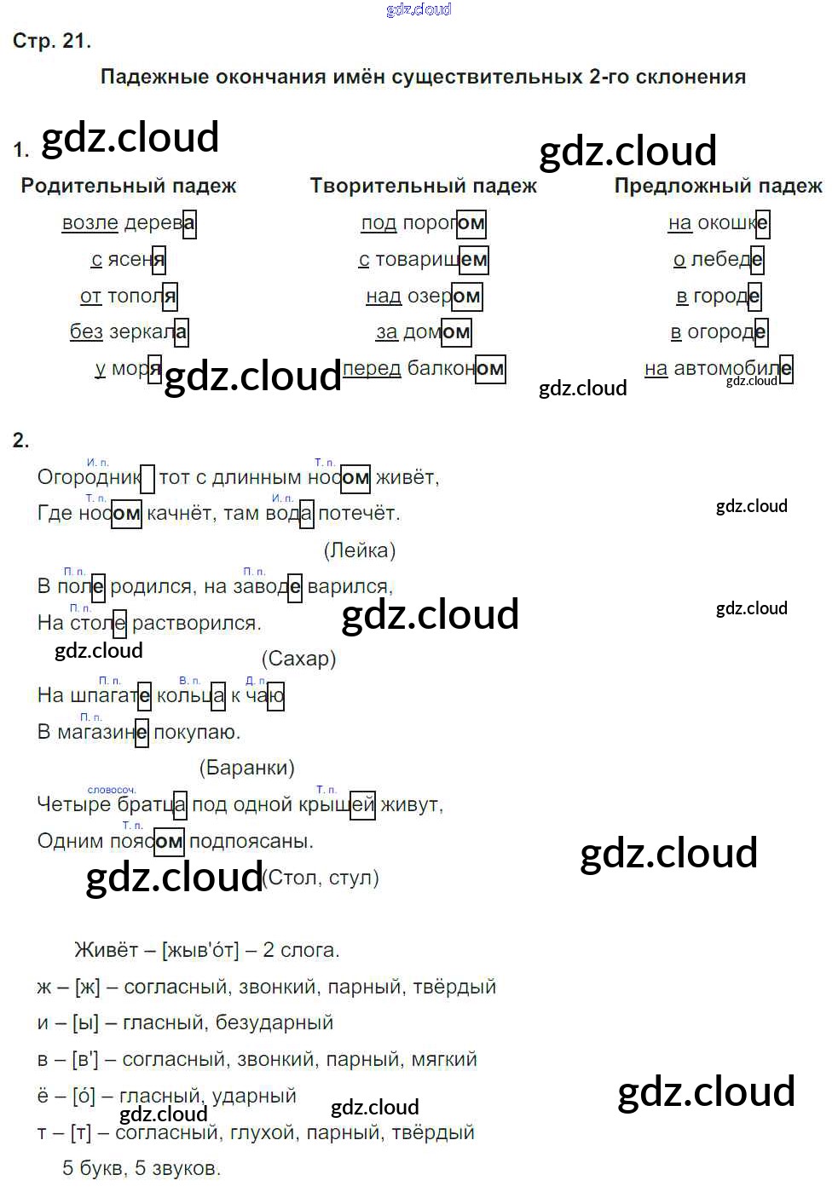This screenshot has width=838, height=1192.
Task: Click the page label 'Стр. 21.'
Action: pyautogui.click(x=51, y=41)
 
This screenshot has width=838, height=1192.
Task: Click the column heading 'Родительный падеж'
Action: pyautogui.click(x=129, y=186)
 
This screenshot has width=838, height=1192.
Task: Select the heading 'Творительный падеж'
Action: pyautogui.click(x=423, y=186)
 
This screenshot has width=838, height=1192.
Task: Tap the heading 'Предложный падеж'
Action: pyautogui.click(x=718, y=186)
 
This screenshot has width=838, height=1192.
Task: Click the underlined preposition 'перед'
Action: pyautogui.click(x=372, y=369)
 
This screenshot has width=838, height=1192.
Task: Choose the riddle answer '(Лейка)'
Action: pyautogui.click(x=360, y=550)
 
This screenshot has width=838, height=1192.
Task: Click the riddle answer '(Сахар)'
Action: pyautogui.click(x=298, y=659)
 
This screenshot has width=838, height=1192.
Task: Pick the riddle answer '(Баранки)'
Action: pyautogui.click(x=246, y=768)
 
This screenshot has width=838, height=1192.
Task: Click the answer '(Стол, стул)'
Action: pyautogui.click(x=321, y=878)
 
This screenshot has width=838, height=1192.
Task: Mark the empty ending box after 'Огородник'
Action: pyautogui.click(x=147, y=478)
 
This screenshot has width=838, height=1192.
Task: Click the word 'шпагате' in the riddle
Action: pyautogui.click(x=110, y=695)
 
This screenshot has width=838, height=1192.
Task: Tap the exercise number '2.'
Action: pyautogui.click(x=21, y=441)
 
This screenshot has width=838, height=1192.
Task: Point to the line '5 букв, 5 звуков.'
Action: pyautogui.click(x=142, y=1168)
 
